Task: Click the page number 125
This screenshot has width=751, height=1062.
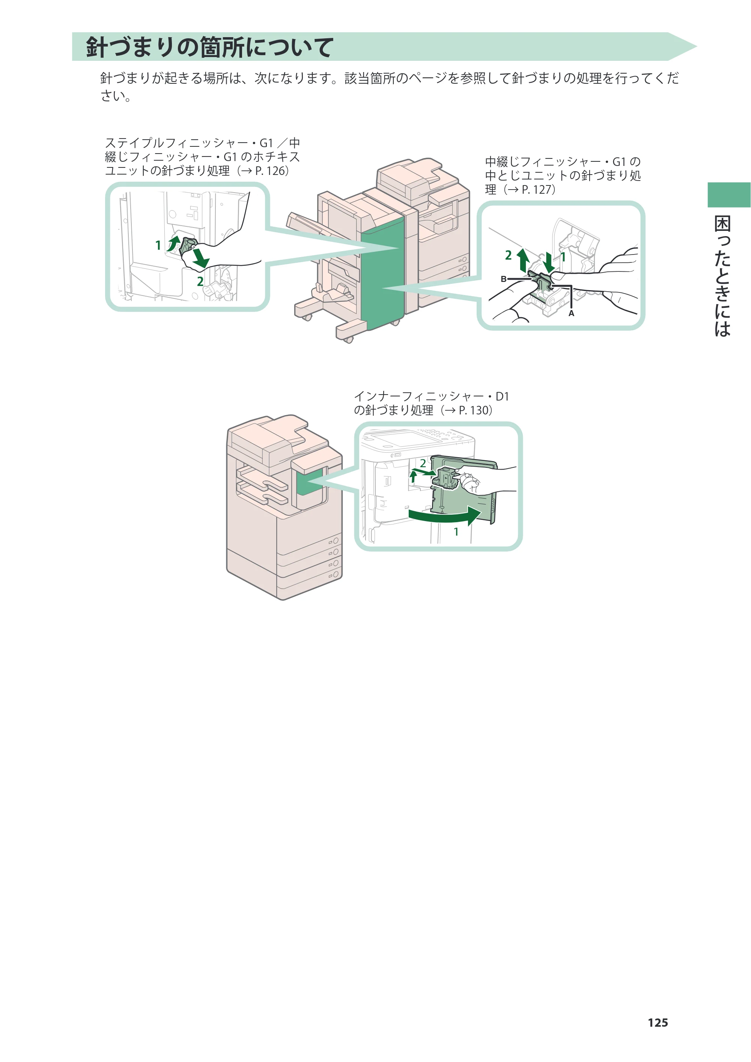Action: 658,1022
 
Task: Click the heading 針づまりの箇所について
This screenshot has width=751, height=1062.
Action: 209,47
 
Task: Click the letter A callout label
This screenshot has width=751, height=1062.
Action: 571,313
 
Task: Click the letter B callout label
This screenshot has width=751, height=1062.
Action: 504,279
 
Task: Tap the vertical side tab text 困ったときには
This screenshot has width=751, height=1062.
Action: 722,276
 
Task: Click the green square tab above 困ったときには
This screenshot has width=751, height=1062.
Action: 729,195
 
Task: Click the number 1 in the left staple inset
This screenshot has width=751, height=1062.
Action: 158,245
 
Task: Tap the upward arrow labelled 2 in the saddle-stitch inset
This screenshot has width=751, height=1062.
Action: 523,260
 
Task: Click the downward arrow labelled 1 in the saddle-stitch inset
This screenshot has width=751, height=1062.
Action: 549,263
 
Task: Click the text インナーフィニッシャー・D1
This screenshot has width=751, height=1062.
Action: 431,396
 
